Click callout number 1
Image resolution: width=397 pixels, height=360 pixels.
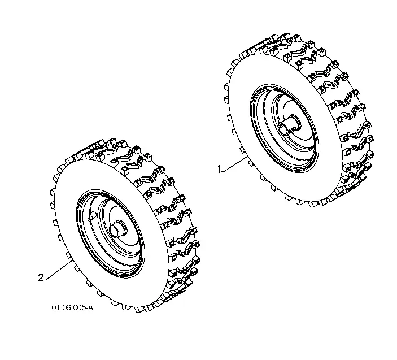(x=219, y=169)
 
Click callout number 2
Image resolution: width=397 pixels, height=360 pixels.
(x=41, y=277)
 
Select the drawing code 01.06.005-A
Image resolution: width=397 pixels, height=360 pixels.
(x=72, y=307)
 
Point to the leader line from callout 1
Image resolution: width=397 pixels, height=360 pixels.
(x=233, y=164)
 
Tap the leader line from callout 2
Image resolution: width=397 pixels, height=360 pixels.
(x=57, y=271)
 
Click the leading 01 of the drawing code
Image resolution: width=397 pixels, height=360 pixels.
(x=55, y=307)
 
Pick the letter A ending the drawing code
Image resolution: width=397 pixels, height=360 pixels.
(x=91, y=307)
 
